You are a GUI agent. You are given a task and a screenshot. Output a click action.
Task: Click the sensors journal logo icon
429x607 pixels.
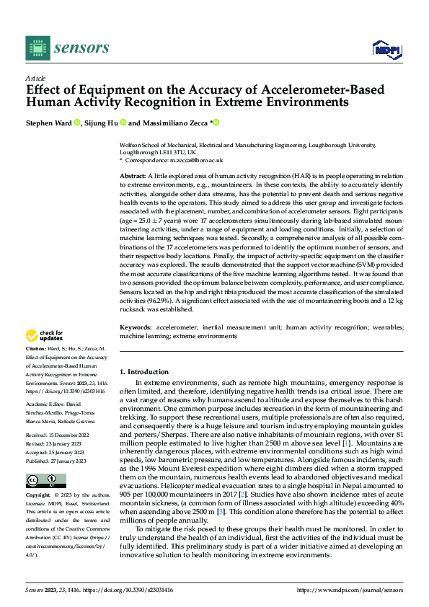(x=37, y=48)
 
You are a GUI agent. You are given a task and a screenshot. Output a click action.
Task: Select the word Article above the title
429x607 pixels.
(x=35, y=78)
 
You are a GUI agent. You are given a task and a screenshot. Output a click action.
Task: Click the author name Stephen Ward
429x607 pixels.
(x=49, y=123)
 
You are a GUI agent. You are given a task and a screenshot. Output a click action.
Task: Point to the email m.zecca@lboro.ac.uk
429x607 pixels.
(x=198, y=160)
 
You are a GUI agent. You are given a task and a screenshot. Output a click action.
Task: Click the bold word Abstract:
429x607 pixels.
(x=133, y=176)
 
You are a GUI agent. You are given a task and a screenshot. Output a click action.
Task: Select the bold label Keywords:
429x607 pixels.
(x=136, y=327)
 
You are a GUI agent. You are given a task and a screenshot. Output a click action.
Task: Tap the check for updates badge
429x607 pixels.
(x=44, y=335)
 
